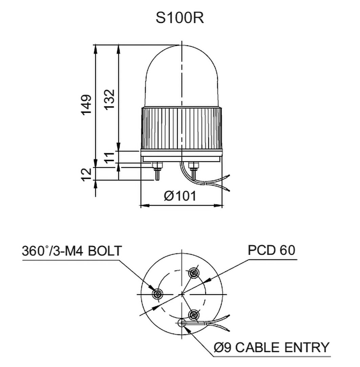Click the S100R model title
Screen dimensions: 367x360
point(179,19)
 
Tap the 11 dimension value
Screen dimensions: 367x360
point(109,158)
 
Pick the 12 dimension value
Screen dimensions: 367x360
point(87,174)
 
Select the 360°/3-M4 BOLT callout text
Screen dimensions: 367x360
point(71,251)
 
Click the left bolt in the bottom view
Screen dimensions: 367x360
point(156,294)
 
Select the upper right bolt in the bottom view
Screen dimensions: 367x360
point(194,272)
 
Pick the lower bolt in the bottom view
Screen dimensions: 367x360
point(193,315)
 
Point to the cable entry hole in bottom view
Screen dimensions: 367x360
point(182,323)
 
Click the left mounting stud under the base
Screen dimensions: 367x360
point(157,171)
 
